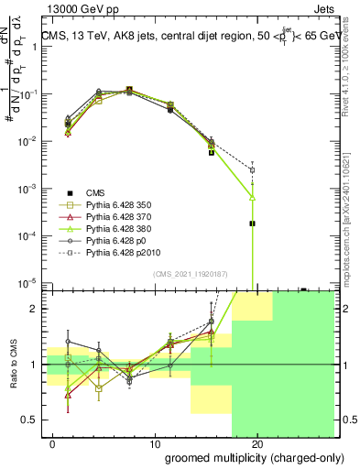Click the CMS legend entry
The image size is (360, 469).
coord(95,191)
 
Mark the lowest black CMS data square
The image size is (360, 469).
coord(252,223)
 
